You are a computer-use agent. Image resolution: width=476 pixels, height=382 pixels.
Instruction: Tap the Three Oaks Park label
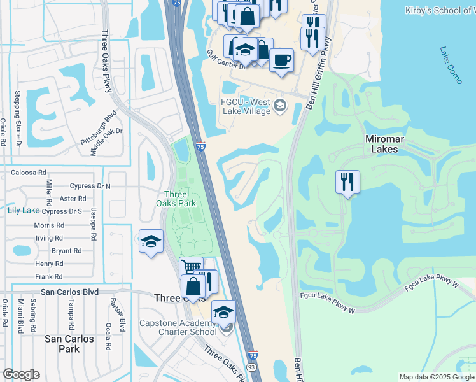pyautogui.click(x=179, y=199)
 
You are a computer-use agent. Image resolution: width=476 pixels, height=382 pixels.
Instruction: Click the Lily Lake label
pyautogui.click(x=23, y=210)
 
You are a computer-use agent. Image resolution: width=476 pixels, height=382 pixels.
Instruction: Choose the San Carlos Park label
pyautogui.click(x=69, y=344)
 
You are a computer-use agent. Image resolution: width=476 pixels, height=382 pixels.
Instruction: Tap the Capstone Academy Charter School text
pyautogui.click(x=178, y=327)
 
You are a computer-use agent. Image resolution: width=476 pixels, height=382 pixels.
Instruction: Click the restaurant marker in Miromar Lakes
pyautogui.click(x=347, y=181)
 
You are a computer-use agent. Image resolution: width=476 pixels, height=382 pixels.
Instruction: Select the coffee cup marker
pyautogui.click(x=281, y=60)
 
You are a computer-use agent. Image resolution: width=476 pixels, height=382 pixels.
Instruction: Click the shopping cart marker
pyautogui.click(x=190, y=267)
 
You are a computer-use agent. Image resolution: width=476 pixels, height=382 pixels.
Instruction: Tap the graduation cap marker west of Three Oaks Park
pyautogui.click(x=151, y=241)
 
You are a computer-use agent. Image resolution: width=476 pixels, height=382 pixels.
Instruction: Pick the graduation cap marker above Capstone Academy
pyautogui.click(x=223, y=312)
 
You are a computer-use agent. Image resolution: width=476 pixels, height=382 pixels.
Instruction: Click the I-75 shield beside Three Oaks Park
pyautogui.click(x=200, y=147)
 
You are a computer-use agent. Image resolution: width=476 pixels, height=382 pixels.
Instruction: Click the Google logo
pyautogui.click(x=21, y=374)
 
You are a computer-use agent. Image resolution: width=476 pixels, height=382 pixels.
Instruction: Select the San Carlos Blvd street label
pyautogui.click(x=69, y=292)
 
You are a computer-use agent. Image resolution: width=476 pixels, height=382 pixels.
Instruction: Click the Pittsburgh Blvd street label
pyautogui.click(x=99, y=128)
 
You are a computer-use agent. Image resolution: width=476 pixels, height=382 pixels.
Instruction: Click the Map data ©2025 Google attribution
pyautogui.click(x=437, y=377)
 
